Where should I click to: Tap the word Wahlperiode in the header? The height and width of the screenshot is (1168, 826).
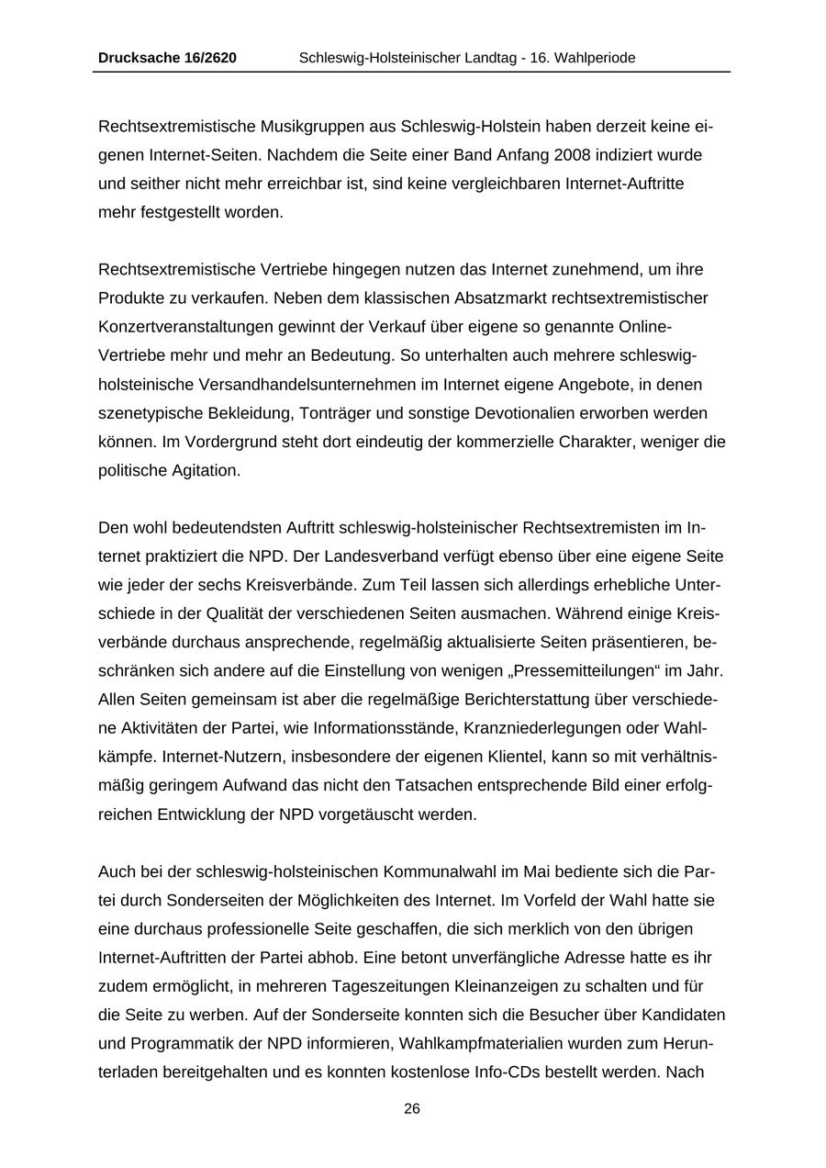point(596,58)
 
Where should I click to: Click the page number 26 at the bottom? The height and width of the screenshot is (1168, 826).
point(412,1109)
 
